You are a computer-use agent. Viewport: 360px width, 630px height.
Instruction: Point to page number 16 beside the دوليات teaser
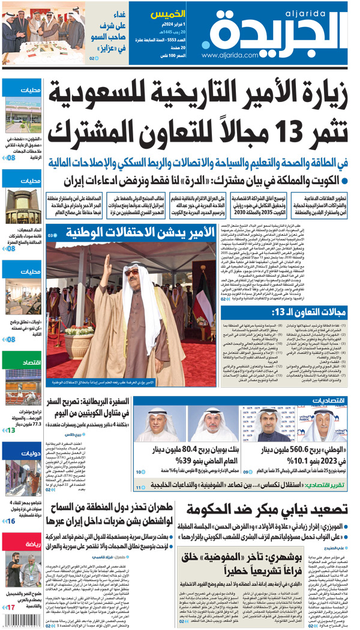[10, 521]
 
